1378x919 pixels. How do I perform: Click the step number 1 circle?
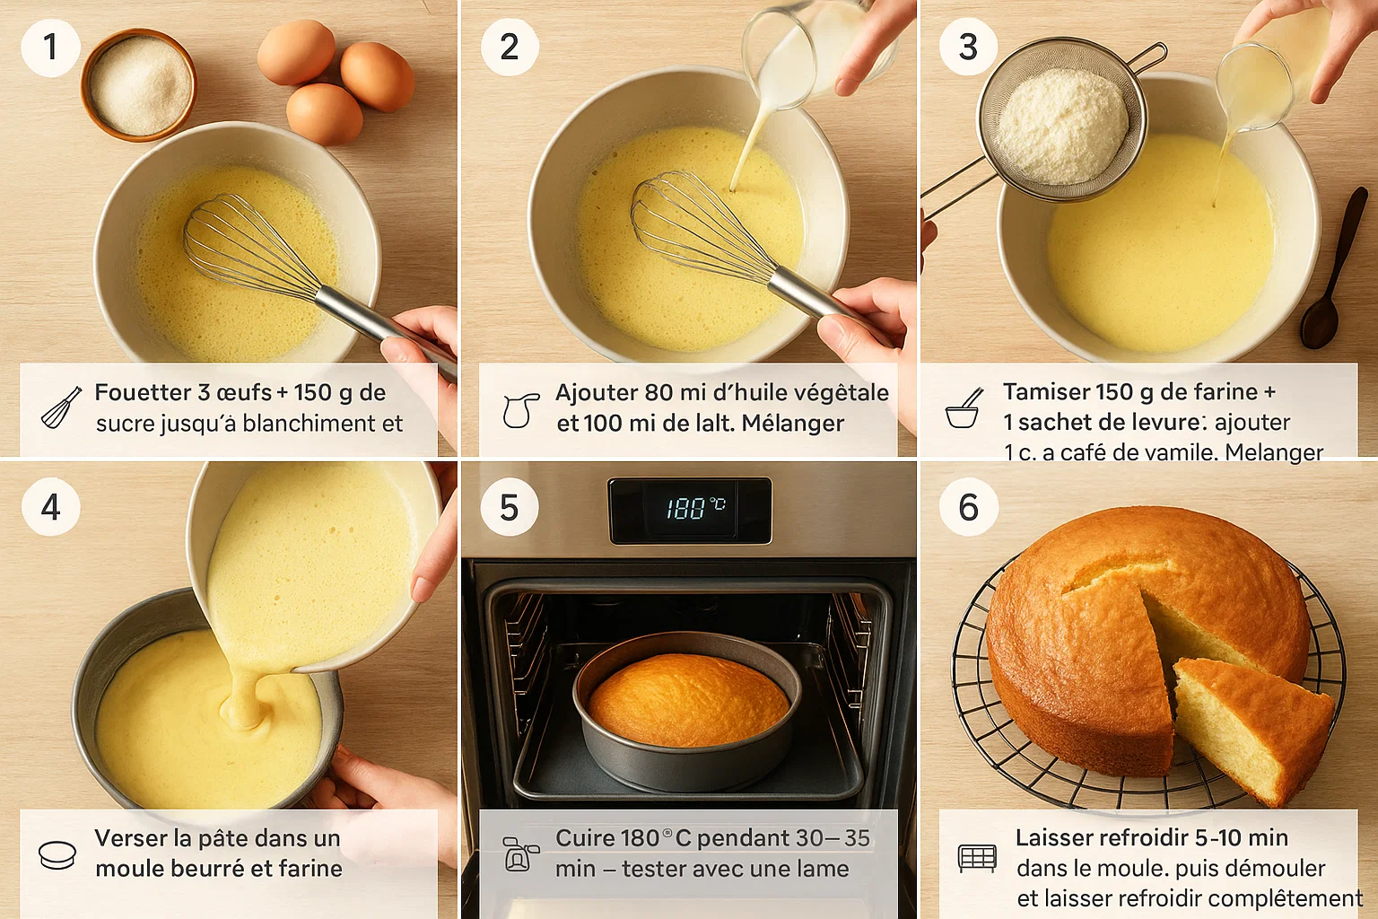(x=50, y=47)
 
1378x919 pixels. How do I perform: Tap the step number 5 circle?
(x=509, y=507)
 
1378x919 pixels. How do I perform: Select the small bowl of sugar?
(x=139, y=84)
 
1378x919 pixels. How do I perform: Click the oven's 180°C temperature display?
(x=690, y=510)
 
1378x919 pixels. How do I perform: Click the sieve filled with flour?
(x=1063, y=127)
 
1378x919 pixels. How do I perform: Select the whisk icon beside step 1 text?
(x=61, y=407)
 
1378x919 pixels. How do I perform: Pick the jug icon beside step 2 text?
(x=520, y=409)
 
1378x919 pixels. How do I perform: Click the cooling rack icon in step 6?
(x=977, y=858)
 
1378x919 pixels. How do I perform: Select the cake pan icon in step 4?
(x=58, y=854)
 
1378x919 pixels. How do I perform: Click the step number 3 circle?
(x=968, y=47)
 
